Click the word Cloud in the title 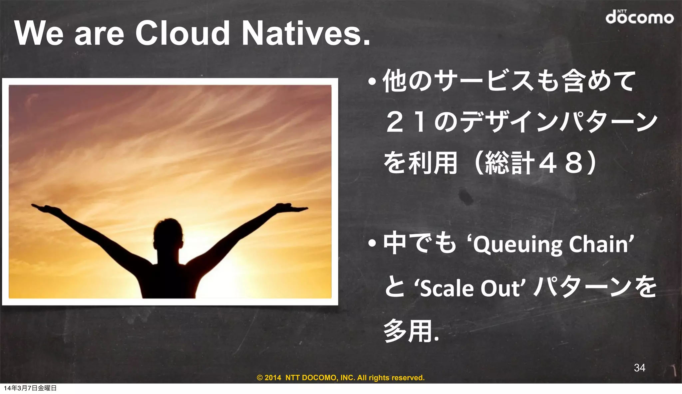pyautogui.click(x=182, y=33)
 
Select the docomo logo pyautogui.click(x=639, y=17)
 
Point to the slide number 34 pyautogui.click(x=639, y=367)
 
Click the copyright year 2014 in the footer pyautogui.click(x=273, y=378)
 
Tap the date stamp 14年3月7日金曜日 pyautogui.click(x=30, y=388)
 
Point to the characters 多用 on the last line pyautogui.click(x=408, y=331)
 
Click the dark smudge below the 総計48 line pyautogui.click(x=466, y=196)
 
